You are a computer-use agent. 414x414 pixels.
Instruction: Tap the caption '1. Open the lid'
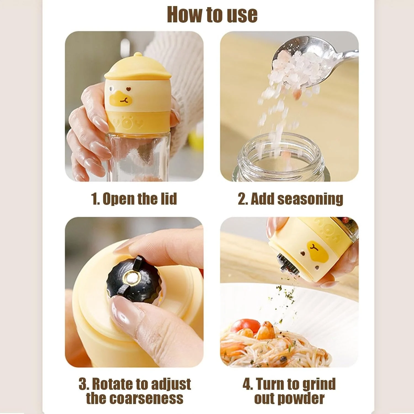click(134, 199)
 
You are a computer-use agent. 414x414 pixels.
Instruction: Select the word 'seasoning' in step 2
click(310, 199)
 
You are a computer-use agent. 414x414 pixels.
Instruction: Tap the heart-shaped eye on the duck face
click(128, 89)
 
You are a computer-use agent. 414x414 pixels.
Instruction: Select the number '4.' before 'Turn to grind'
click(248, 384)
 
